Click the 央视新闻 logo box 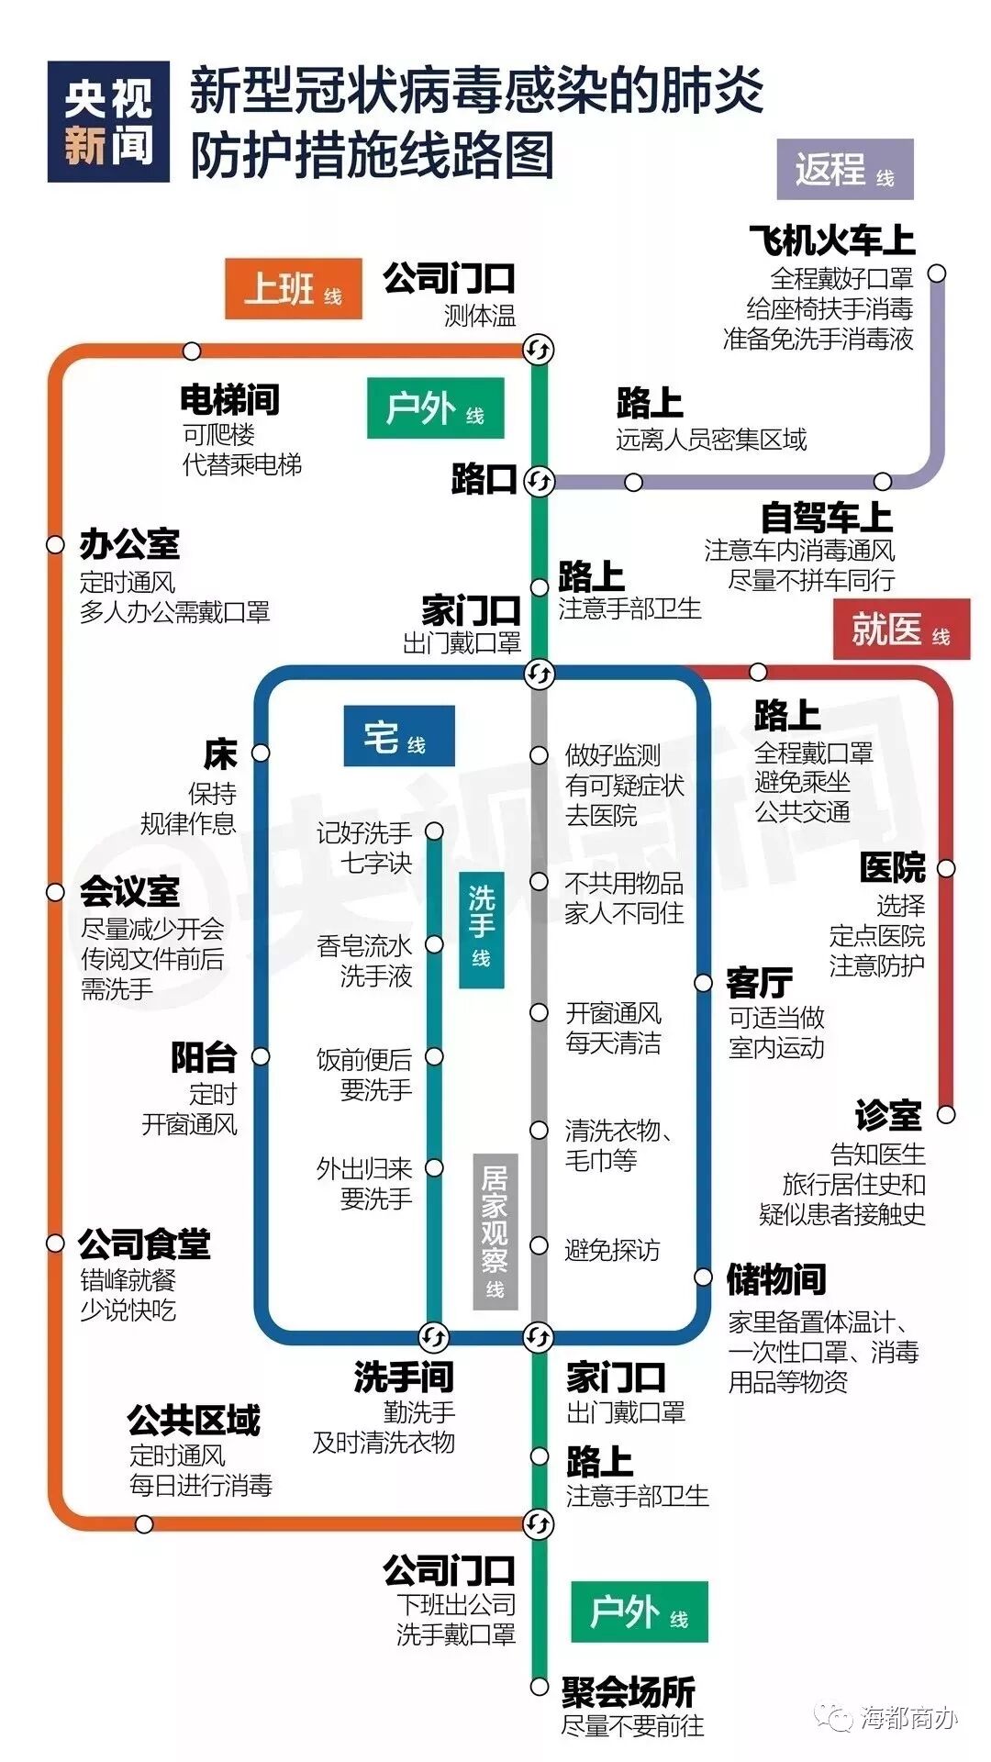108,122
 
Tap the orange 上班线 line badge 293,289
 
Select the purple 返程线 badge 844,169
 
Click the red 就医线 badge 900,630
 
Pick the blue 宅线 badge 399,736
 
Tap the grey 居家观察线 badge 495,1231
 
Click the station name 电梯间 229,399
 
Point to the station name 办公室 129,544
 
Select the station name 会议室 129,890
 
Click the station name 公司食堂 144,1244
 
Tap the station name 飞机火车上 831,240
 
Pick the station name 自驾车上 826,518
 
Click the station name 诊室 888,1114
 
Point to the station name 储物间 776,1278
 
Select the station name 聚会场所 629,1691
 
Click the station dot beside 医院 945,868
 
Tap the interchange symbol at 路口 539,481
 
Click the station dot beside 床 261,753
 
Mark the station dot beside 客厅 703,983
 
